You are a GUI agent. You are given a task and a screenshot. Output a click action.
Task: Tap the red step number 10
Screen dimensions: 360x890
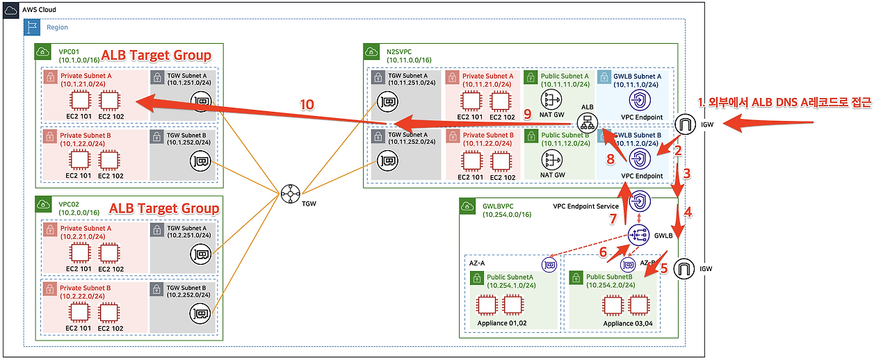pyautogui.click(x=307, y=105)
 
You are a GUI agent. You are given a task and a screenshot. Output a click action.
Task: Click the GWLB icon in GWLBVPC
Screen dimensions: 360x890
pyautogui.click(x=638, y=234)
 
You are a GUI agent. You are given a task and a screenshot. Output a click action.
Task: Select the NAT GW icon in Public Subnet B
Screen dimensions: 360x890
pyautogui.click(x=551, y=160)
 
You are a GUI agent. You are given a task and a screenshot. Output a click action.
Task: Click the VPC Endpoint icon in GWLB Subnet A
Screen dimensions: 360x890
pyautogui.click(x=639, y=99)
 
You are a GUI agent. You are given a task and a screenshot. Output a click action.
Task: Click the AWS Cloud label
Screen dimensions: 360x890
pyautogui.click(x=40, y=10)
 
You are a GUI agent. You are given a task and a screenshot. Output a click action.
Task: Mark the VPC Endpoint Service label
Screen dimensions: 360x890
pyautogui.click(x=586, y=206)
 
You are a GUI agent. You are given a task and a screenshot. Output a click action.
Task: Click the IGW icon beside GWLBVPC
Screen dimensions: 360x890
pyautogui.click(x=684, y=268)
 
